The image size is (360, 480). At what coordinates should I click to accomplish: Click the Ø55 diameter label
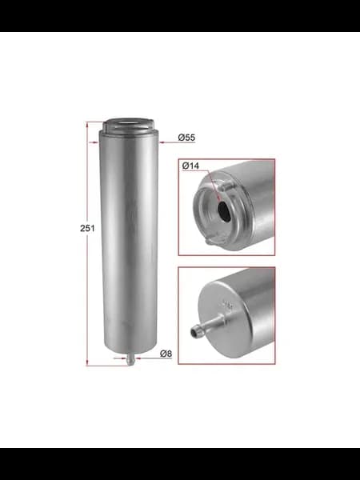point(186,138)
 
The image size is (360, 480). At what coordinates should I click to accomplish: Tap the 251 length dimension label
point(87,228)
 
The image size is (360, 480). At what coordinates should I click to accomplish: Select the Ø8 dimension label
point(166,354)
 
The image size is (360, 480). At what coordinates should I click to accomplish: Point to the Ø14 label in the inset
point(190,166)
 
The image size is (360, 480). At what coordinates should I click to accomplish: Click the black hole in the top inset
point(224,211)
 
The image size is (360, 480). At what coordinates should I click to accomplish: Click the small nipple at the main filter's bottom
point(130,358)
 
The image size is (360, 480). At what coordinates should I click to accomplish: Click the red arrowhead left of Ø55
point(162,142)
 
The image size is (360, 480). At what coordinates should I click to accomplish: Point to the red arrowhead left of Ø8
point(138,358)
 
